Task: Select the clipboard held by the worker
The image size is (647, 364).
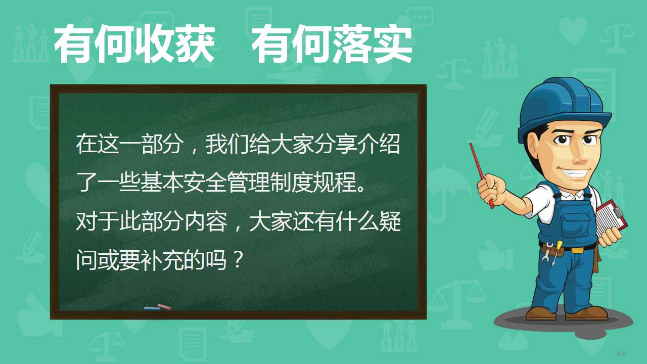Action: click(x=610, y=218)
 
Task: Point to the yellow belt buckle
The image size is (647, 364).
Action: click(x=577, y=250)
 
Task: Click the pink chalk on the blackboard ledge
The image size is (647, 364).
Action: click(x=164, y=307)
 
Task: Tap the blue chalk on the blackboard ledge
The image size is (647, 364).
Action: click(x=152, y=308)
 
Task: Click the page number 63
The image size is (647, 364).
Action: click(x=621, y=353)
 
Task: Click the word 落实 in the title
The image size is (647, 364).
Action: click(x=373, y=44)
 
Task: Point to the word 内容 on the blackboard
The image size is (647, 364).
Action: click(x=205, y=221)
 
